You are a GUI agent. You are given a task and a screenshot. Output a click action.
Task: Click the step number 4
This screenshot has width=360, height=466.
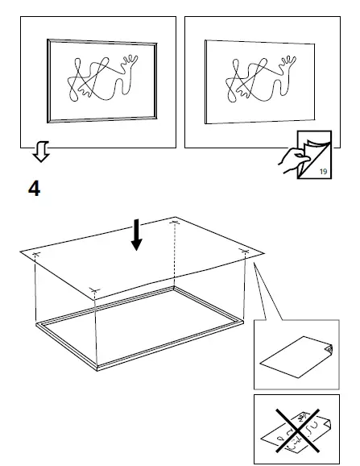point(34,189)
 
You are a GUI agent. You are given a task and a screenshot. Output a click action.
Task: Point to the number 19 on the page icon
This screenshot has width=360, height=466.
point(323,171)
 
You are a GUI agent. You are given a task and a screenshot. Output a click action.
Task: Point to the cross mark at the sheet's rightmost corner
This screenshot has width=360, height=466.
point(245,252)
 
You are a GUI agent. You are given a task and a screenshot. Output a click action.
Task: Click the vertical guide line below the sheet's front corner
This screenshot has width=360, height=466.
point(95,331)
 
